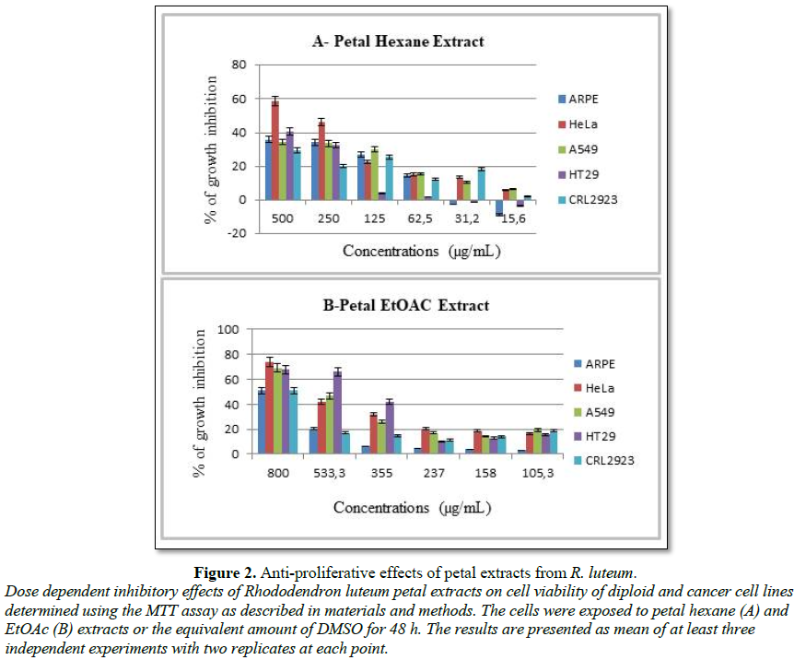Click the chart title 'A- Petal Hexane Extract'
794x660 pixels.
point(396,41)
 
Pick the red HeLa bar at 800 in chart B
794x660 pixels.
point(269,407)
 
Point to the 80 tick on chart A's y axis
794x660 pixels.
point(239,65)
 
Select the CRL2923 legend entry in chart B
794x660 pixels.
point(594,460)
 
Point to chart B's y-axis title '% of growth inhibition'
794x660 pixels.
point(208,392)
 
